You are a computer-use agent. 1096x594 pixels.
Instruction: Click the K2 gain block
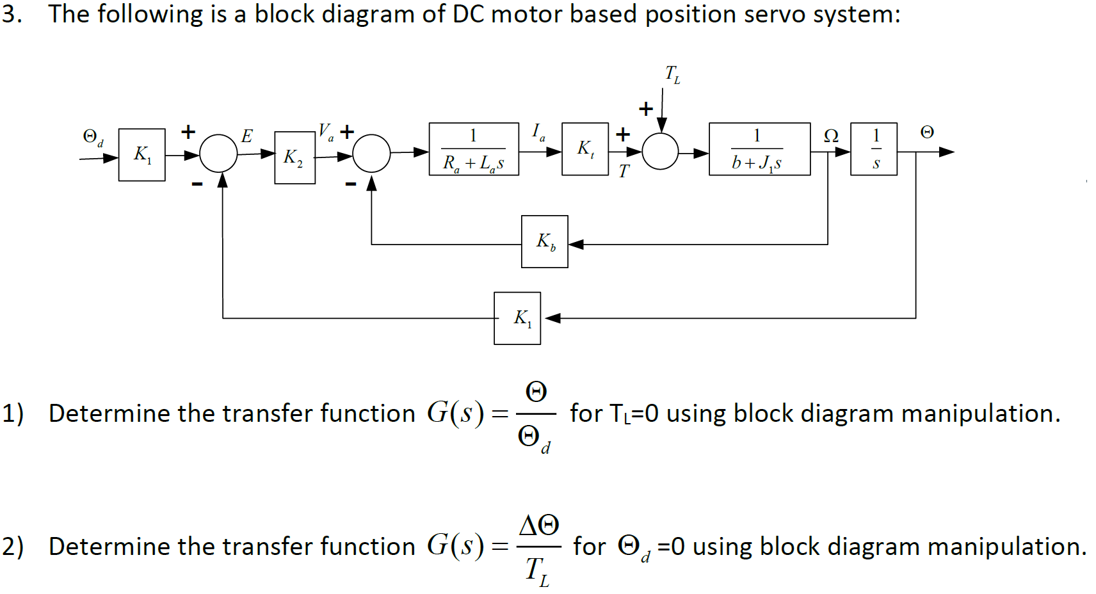tap(294, 157)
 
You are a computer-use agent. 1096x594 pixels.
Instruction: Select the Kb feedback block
tap(544, 241)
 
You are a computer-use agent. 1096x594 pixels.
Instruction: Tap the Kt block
tap(584, 149)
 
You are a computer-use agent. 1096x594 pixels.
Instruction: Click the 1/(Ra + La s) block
tap(473, 149)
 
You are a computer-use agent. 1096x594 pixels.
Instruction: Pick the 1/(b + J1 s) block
tap(759, 149)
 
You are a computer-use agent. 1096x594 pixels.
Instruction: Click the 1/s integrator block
tap(874, 149)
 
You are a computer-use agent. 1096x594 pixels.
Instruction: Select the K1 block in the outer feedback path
tap(517, 318)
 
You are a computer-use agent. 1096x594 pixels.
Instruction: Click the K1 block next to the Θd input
tap(141, 155)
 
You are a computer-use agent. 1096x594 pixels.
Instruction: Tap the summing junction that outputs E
tap(218, 154)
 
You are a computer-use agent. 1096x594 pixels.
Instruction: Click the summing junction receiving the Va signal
tap(371, 154)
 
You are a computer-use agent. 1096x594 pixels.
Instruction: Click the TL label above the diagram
tap(672, 74)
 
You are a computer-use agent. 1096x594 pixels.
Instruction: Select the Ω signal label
tap(830, 136)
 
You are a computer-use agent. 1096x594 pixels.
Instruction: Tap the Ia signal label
tap(538, 132)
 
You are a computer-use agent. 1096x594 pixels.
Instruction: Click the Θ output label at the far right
tap(926, 132)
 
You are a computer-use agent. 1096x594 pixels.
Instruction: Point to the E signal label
tap(246, 136)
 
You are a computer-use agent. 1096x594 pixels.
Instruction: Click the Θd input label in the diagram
tap(92, 138)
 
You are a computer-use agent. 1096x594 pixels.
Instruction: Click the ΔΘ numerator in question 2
tap(538, 526)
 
